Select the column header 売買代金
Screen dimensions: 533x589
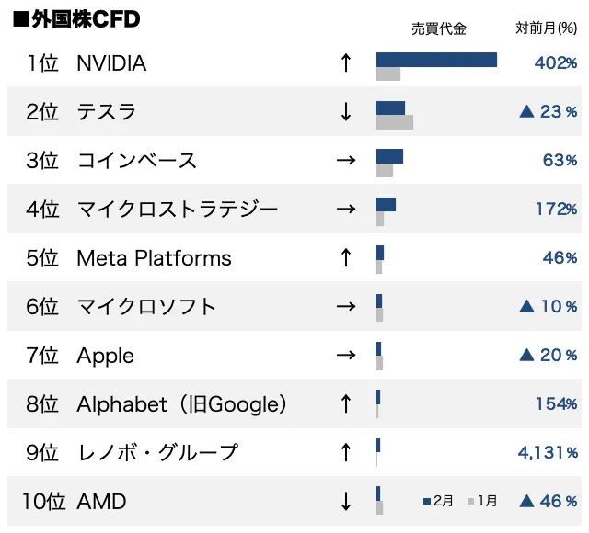(x=438, y=28)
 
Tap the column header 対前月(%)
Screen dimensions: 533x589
(x=547, y=28)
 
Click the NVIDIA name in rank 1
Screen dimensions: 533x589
(x=111, y=63)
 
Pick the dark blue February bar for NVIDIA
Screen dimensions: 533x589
(x=436, y=60)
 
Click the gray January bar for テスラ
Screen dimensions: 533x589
(x=395, y=122)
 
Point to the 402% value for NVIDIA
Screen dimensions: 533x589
(x=556, y=63)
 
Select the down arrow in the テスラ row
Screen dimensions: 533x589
(x=346, y=112)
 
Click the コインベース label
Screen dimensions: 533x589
(x=137, y=161)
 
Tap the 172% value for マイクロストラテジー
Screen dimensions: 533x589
(x=557, y=210)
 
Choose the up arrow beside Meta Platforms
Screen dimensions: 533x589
(x=346, y=258)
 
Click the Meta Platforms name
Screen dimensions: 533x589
(x=154, y=258)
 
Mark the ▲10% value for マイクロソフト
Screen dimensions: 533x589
(x=549, y=307)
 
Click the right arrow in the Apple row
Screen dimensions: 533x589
(x=346, y=356)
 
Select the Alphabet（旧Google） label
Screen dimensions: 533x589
(x=182, y=404)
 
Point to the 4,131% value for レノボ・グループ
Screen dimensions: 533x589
(x=548, y=453)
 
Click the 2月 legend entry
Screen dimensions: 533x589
(x=439, y=501)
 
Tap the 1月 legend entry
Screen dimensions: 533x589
(x=483, y=501)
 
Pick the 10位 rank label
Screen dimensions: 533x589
(x=43, y=502)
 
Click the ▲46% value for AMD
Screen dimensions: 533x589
(x=549, y=502)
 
